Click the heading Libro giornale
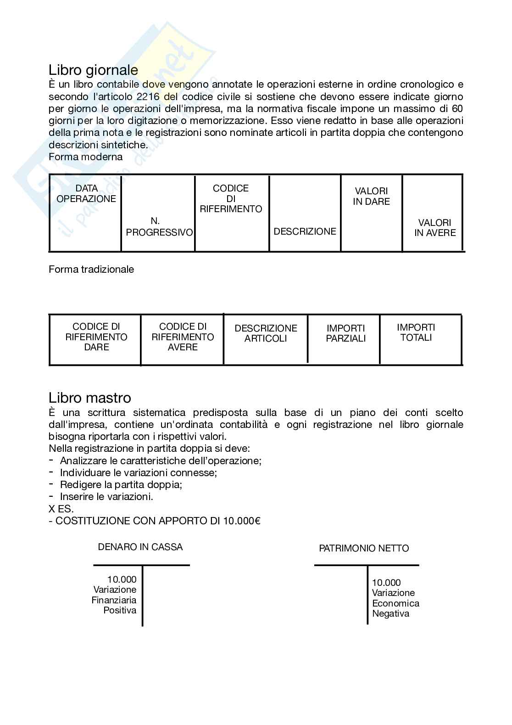click(x=93, y=70)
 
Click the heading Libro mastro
click(x=89, y=398)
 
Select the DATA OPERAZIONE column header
click(x=86, y=194)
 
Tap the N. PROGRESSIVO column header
click(x=159, y=227)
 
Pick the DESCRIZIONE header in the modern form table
click(x=305, y=231)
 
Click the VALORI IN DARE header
click(x=371, y=196)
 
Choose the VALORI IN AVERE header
click(x=435, y=228)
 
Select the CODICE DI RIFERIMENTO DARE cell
click(x=96, y=337)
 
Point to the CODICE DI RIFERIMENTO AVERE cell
click(x=183, y=337)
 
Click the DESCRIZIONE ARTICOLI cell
click(x=266, y=333)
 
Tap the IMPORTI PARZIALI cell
click(x=346, y=333)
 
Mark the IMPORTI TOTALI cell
click(x=416, y=332)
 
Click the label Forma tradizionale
click(x=91, y=270)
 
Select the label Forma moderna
click(x=86, y=157)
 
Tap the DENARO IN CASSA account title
click(x=140, y=547)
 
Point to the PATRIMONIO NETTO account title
click(x=364, y=549)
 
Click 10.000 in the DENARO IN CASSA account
click(x=122, y=579)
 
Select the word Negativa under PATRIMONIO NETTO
click(x=390, y=614)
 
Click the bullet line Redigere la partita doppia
click(x=121, y=485)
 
